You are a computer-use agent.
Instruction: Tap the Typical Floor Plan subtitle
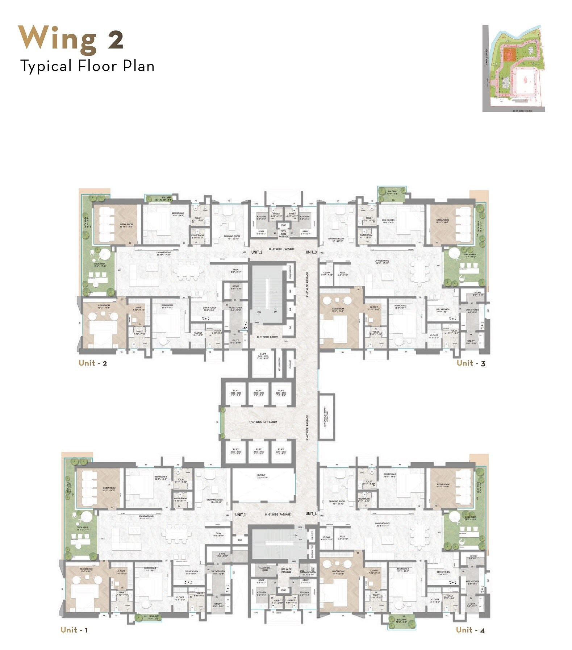pyautogui.click(x=87, y=66)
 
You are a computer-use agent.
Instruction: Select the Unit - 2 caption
pyautogui.click(x=93, y=363)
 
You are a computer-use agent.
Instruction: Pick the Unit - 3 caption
pyautogui.click(x=471, y=363)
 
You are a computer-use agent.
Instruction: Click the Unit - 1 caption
pyautogui.click(x=74, y=630)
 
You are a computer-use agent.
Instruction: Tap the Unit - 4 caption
pyautogui.click(x=470, y=630)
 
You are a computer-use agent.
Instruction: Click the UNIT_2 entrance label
pyautogui.click(x=256, y=252)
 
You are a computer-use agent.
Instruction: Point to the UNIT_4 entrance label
pyautogui.click(x=311, y=513)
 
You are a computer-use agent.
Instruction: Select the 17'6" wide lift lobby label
pyautogui.click(x=263, y=422)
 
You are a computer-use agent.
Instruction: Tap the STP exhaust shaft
pyautogui.click(x=326, y=416)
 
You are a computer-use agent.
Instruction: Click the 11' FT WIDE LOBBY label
pyautogui.click(x=267, y=337)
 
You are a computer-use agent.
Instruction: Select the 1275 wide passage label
pyautogui.click(x=284, y=234)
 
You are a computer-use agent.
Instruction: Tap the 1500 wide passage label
pyautogui.click(x=286, y=571)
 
